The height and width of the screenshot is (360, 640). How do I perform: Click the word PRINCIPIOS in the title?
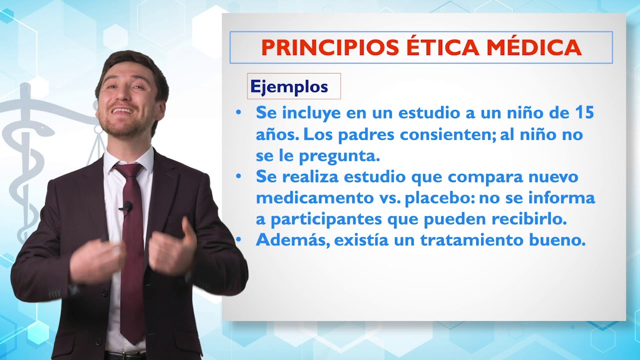330,47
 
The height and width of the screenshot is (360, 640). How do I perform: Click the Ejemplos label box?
293,86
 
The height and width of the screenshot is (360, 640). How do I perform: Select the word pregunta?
339,156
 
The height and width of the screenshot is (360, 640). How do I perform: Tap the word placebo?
439,198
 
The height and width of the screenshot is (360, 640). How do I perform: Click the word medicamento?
315,198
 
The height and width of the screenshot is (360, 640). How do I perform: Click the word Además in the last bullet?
293,240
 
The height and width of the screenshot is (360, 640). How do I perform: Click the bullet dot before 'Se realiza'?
238,176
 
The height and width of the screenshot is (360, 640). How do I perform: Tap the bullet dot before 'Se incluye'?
238,112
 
